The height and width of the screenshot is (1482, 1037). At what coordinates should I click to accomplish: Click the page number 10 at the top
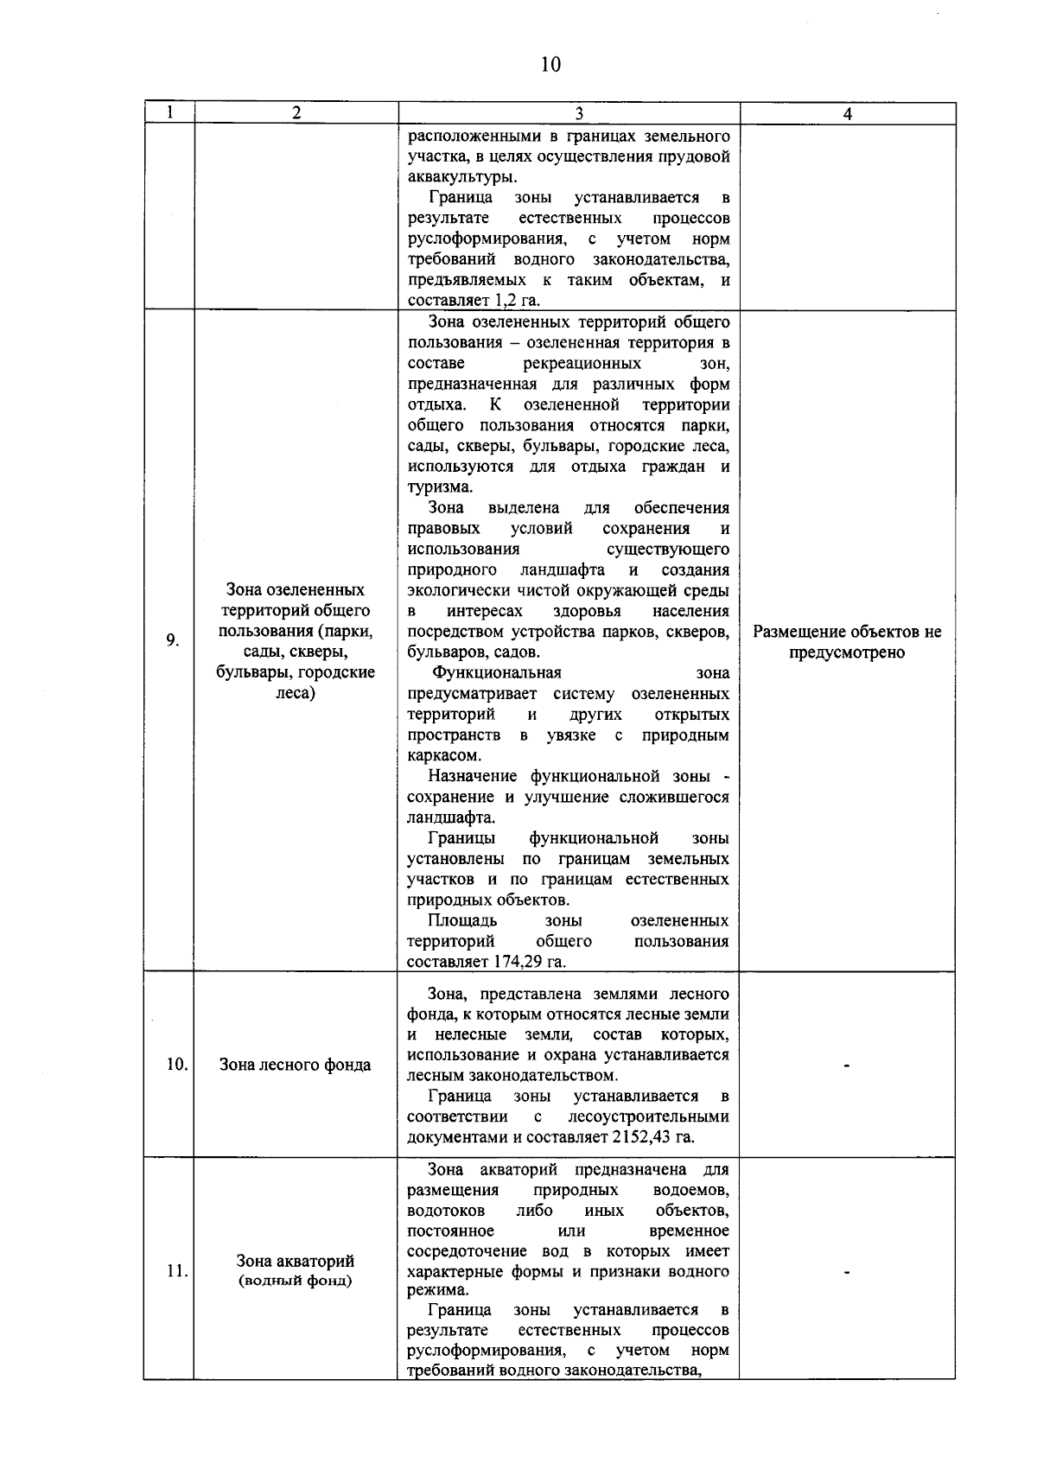tap(550, 65)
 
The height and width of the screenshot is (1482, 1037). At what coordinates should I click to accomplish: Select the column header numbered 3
tap(578, 114)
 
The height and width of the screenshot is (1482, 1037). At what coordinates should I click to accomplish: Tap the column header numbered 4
tap(848, 114)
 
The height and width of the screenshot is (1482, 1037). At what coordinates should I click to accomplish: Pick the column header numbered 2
tap(296, 114)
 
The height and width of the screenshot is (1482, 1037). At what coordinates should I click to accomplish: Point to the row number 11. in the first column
tap(177, 1271)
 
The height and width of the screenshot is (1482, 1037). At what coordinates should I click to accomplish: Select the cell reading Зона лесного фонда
tap(295, 1065)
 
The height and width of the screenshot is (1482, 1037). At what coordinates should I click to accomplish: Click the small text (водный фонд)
tap(295, 1281)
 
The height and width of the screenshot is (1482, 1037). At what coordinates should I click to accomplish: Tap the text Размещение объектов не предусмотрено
tap(848, 642)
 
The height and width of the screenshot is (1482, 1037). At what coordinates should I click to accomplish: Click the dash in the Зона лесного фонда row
tap(848, 1065)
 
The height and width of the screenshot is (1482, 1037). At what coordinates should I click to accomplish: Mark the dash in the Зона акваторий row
tap(848, 1272)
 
